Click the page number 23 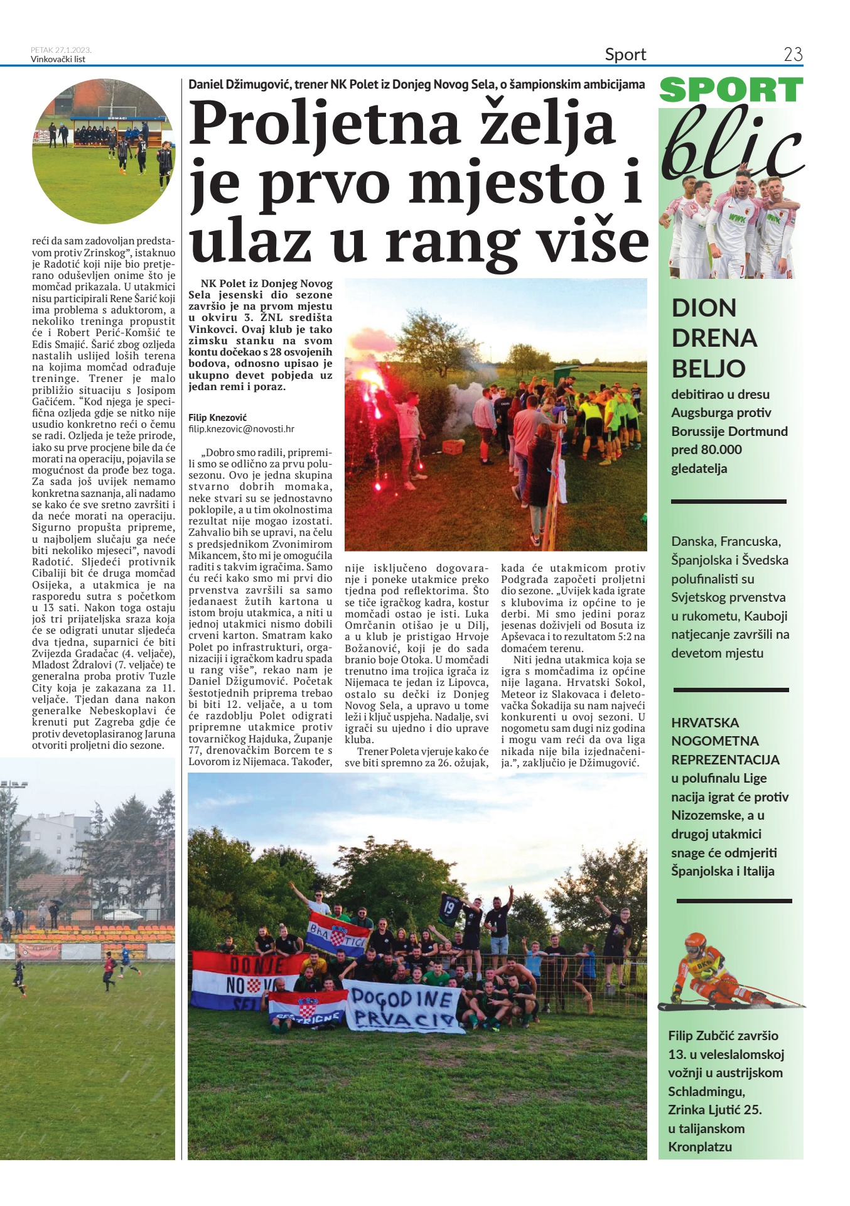pos(793,55)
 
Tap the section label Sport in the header pos(625,55)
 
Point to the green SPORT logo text pos(731,90)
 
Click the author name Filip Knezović pos(218,418)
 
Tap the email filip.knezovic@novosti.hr pos(241,429)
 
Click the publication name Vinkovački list pos(58,60)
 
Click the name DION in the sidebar pos(704,308)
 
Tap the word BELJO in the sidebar pos(708,369)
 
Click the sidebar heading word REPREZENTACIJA pos(725,760)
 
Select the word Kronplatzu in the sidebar pos(700,1147)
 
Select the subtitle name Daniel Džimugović pos(239,84)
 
